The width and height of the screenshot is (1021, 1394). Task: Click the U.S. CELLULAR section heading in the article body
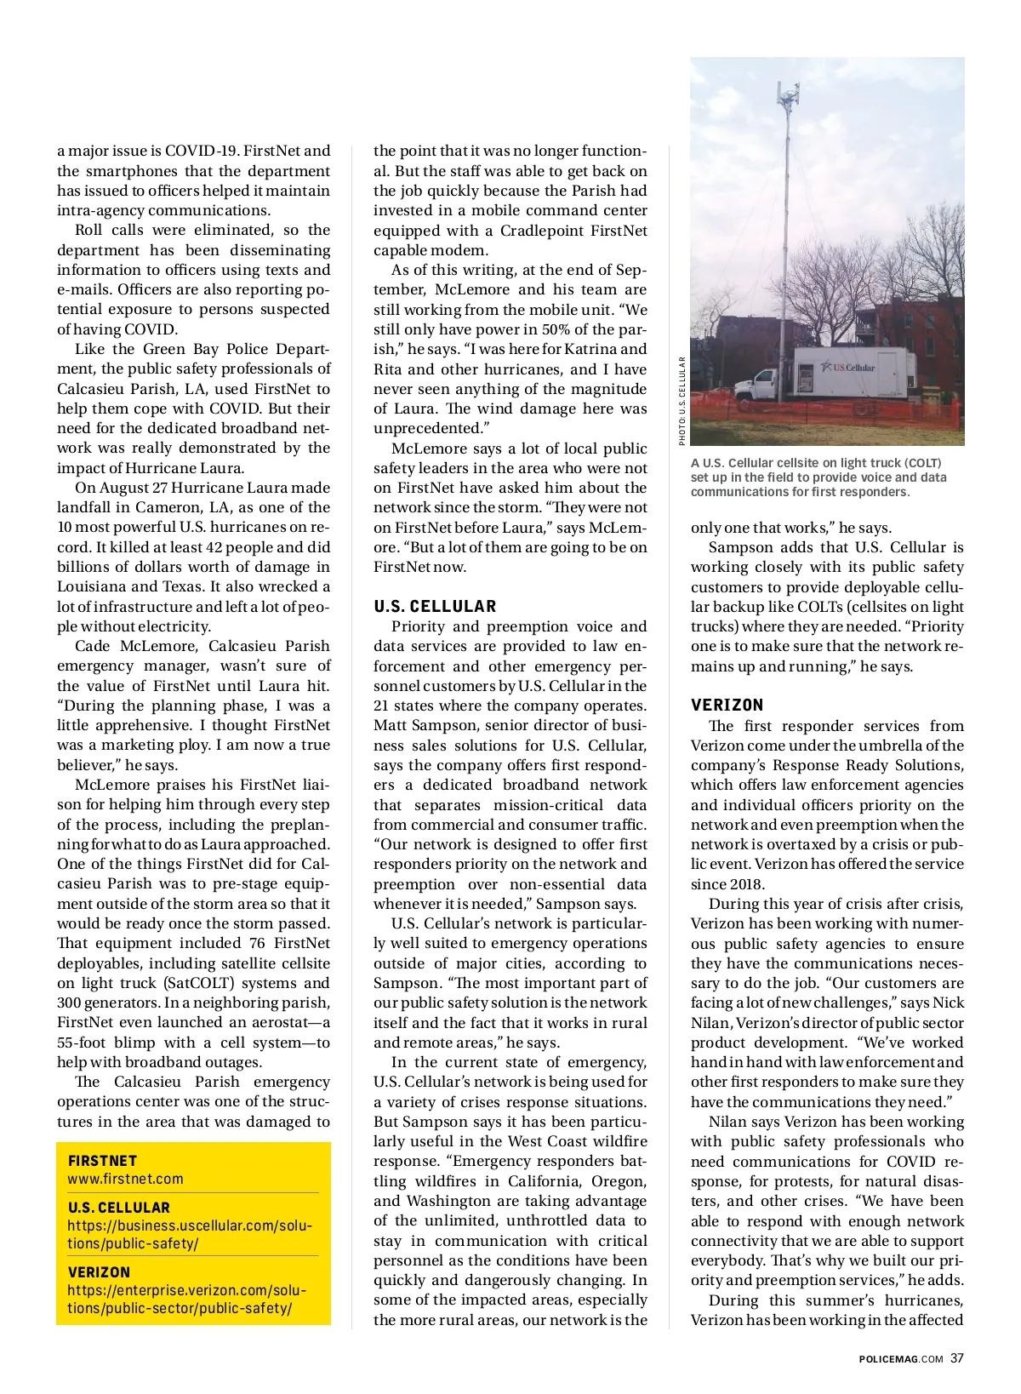click(x=435, y=606)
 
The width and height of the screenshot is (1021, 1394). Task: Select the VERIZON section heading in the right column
click(x=727, y=705)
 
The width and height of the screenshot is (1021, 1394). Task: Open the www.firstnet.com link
click(x=125, y=1179)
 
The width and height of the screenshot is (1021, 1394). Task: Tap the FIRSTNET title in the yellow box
click(x=102, y=1161)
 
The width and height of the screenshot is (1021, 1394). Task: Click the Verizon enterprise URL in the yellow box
click(x=187, y=1300)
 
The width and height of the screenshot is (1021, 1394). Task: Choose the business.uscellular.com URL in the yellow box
click(x=190, y=1235)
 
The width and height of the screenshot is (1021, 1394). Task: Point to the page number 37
click(x=957, y=1357)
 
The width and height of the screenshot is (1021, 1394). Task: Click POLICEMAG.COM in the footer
click(x=900, y=1358)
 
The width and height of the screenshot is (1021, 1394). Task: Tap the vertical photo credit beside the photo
click(x=682, y=400)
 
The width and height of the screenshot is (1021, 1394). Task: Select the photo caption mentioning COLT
click(x=817, y=477)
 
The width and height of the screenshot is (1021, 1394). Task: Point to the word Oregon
click(x=616, y=1181)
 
